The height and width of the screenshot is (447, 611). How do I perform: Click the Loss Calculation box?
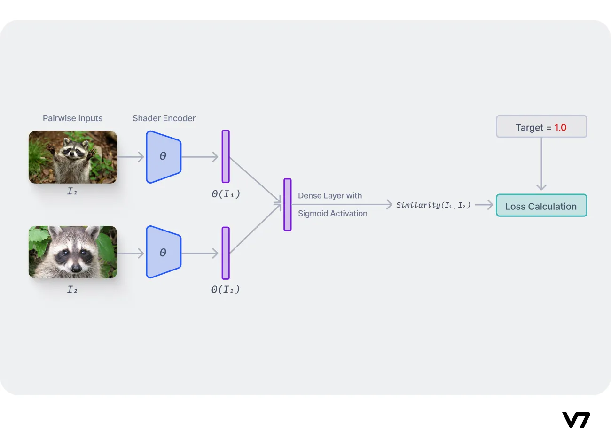541,206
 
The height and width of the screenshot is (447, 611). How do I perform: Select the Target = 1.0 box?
541,127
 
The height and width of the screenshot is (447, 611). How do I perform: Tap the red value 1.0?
560,128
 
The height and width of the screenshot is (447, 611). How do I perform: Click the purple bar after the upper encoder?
226,156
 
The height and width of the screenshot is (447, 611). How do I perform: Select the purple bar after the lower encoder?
226,253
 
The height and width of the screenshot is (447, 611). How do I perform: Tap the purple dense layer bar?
288,205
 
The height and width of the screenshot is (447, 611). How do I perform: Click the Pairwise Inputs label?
72,118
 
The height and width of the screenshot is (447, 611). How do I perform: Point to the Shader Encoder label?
164,118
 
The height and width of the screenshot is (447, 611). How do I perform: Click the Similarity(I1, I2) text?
433,205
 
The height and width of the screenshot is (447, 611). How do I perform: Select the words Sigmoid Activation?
332,214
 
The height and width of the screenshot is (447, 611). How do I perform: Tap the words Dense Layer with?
330,196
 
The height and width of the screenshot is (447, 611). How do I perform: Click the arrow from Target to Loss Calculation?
541,164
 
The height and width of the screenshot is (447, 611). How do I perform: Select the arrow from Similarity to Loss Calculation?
484,205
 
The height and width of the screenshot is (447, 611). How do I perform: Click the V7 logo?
576,420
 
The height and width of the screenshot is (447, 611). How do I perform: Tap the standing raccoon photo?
73,157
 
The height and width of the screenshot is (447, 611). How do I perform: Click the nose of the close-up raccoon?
76,268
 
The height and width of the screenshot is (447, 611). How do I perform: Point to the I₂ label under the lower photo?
72,290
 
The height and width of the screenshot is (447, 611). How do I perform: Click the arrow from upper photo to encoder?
131,157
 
